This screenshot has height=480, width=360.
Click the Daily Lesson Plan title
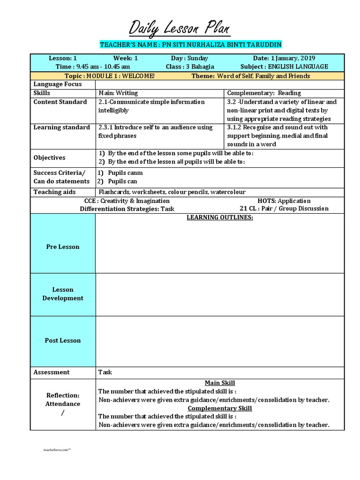pyautogui.click(x=180, y=29)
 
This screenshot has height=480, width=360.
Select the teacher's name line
pyautogui.click(x=191, y=45)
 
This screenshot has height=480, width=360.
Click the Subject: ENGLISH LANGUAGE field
pyautogui.click(x=291, y=67)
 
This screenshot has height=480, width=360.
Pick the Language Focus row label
pyautogui.click(x=58, y=84)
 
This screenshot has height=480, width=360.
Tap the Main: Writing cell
pyautogui.click(x=118, y=93)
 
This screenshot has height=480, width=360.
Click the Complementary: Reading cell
pyautogui.click(x=264, y=93)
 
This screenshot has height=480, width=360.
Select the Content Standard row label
pyautogui.click(x=60, y=102)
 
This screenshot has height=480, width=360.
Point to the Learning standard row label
pyautogui.click(x=61, y=127)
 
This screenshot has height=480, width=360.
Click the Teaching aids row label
pyautogui.click(x=54, y=192)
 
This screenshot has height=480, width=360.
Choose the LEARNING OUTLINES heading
pyautogui.click(x=220, y=218)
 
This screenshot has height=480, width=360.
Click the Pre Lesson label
pyautogui.click(x=62, y=247)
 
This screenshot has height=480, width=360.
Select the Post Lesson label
pyautogui.click(x=62, y=340)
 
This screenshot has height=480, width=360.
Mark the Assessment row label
pyautogui.click(x=52, y=372)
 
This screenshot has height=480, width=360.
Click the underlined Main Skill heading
pyautogui.click(x=220, y=383)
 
